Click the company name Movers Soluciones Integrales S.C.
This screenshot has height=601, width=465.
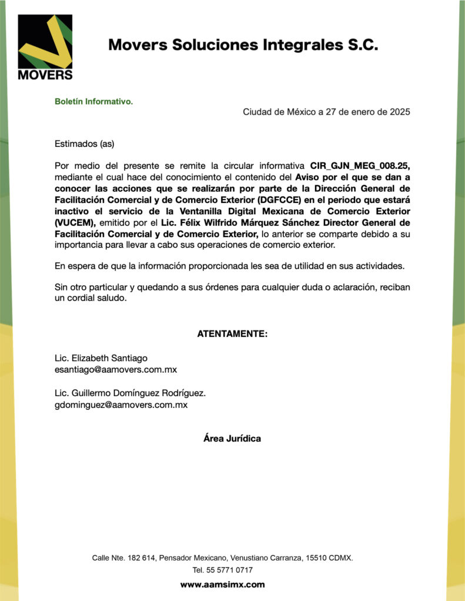[x=243, y=45]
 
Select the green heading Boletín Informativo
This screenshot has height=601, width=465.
[x=94, y=102]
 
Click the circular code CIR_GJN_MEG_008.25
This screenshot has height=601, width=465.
[x=359, y=166]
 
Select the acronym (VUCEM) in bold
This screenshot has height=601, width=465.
[x=75, y=222]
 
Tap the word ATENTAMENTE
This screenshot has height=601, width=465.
[x=232, y=334]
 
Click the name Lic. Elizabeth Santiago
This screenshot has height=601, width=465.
[x=101, y=358]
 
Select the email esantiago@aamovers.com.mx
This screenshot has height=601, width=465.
[x=116, y=370]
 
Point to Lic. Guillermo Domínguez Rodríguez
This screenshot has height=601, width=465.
[x=130, y=393]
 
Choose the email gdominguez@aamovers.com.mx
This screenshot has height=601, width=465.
[x=121, y=405]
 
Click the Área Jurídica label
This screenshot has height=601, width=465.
[x=232, y=438]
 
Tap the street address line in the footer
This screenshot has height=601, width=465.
[x=222, y=558]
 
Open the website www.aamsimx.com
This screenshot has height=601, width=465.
[x=222, y=585]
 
